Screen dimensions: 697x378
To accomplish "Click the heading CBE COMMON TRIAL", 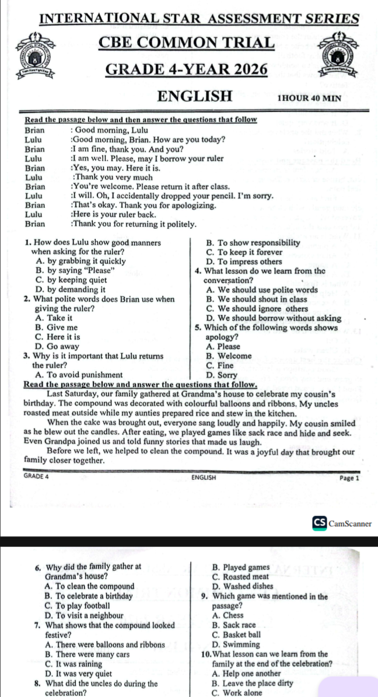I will pyautogui.click(x=186, y=43).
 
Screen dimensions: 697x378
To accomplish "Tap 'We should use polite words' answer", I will pyautogui.click(x=262, y=290).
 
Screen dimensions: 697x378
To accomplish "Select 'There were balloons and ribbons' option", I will pyautogui.click(x=104, y=644).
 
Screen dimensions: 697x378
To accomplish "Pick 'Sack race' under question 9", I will pyautogui.click(x=235, y=625).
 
